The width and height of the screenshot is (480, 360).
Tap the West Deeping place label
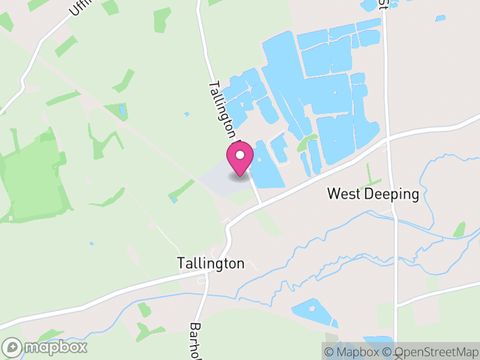[372, 194]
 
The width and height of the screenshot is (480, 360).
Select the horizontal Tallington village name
[211, 263]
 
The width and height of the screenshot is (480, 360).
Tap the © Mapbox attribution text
[352, 352]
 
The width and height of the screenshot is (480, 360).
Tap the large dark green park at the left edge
[33, 180]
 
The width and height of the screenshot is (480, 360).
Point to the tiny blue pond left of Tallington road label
[187, 113]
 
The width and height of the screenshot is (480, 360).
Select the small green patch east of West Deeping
[460, 229]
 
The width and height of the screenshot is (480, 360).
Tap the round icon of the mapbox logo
[12, 347]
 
